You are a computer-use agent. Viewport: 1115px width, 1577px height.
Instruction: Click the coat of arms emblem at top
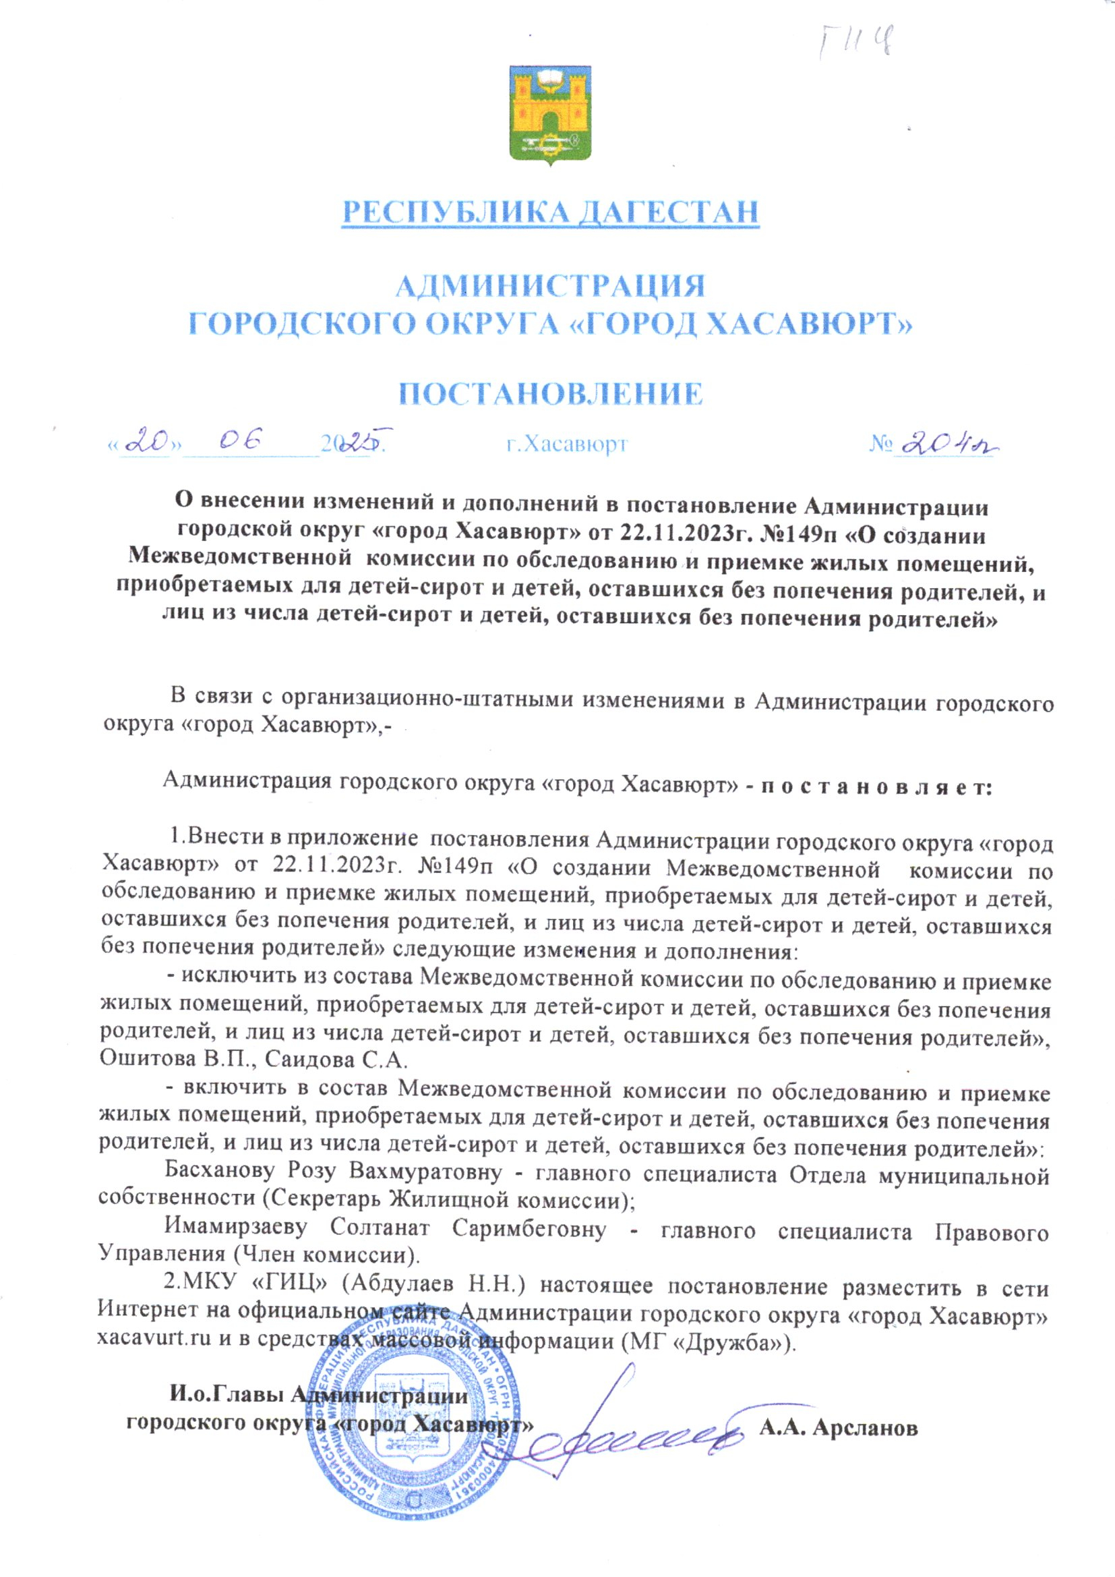550,114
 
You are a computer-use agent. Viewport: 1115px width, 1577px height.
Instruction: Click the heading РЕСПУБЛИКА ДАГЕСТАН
551,212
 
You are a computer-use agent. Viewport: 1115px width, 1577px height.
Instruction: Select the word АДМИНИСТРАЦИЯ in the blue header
551,285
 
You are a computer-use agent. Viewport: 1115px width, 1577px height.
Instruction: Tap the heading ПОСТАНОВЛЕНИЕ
551,393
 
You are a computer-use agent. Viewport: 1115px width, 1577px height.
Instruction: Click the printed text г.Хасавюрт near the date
567,445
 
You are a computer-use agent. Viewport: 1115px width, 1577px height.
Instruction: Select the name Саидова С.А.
336,1058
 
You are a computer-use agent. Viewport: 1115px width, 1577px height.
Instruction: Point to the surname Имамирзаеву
235,1227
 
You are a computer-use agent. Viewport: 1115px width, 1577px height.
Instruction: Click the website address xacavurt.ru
154,1340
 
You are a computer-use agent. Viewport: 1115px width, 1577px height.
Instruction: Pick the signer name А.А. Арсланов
839,1428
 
